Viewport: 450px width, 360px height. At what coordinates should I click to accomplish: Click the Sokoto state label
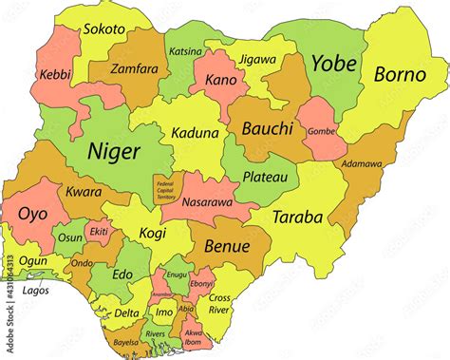(104, 29)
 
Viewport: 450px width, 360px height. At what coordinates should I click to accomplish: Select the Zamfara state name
(134, 70)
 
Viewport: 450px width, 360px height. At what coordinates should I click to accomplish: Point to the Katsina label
(184, 50)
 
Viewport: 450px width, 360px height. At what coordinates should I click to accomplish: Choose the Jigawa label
(257, 59)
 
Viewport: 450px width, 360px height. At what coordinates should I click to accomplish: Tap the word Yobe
(334, 65)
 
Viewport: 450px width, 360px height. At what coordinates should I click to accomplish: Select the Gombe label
(323, 129)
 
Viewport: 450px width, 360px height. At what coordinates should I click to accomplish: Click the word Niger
(113, 151)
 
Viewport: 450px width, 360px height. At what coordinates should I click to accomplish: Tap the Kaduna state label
(195, 134)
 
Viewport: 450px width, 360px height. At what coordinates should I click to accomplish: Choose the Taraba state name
(297, 217)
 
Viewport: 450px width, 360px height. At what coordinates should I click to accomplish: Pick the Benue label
(227, 246)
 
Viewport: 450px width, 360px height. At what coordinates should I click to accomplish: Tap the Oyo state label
(32, 215)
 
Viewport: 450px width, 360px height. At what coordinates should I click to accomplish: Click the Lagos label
(36, 291)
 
